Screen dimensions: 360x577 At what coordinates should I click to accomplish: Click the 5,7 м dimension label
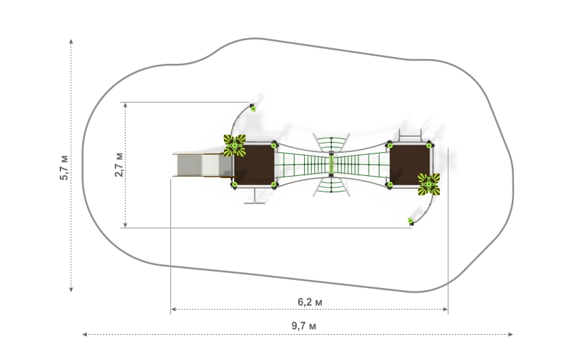tap(63, 166)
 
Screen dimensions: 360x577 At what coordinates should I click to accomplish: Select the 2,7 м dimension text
tap(119, 165)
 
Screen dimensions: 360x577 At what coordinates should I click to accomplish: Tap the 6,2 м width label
tap(310, 301)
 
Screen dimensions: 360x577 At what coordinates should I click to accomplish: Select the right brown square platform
tap(409, 164)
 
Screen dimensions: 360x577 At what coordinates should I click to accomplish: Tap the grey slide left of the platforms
tap(197, 164)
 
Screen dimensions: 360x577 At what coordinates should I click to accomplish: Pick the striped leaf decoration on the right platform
tap(429, 183)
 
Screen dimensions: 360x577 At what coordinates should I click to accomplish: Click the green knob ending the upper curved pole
tap(253, 107)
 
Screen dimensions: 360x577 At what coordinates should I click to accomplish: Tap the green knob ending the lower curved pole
tap(410, 221)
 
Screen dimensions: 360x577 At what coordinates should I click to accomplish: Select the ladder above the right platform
tap(410, 134)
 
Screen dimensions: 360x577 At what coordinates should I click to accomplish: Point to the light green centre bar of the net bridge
tap(332, 164)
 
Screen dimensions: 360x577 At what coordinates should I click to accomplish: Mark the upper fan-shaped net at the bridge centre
tap(332, 144)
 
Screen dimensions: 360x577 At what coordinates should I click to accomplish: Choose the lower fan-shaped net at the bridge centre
tap(332, 185)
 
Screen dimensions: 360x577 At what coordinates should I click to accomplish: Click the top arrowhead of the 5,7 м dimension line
tap(72, 41)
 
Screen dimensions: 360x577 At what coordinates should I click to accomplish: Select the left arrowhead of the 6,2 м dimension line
tap(172, 310)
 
